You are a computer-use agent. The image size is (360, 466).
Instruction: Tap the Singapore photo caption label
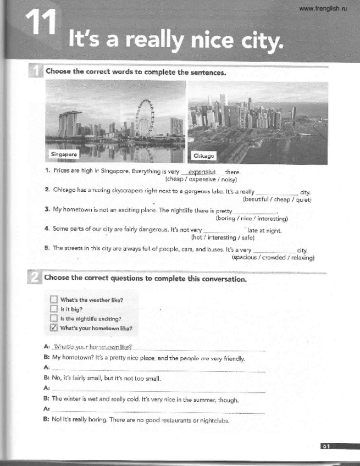tap(63, 154)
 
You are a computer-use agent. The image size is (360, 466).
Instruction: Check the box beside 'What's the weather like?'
tap(53, 299)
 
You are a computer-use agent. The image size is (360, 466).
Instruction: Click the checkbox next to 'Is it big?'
tap(53, 309)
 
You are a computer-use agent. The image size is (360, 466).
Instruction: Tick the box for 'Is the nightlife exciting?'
tap(53, 318)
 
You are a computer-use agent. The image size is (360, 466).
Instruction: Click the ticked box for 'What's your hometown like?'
tap(53, 328)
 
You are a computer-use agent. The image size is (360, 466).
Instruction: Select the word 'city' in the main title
tap(261, 40)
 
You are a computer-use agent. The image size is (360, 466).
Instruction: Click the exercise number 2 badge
tap(34, 279)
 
